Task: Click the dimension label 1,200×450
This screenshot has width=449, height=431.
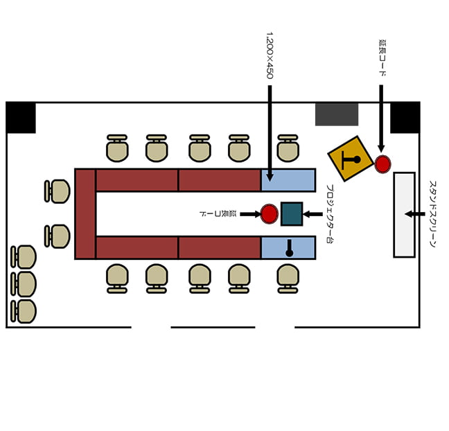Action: coord(270,55)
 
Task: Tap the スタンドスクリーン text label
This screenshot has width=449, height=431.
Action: coord(433,214)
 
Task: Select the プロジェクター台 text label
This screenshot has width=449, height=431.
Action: coord(330,214)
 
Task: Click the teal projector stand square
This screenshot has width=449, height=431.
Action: coord(292,214)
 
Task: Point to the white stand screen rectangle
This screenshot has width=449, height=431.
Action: coord(405,215)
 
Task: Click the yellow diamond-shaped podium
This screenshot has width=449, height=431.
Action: coord(351,159)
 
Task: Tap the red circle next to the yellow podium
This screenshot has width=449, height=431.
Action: coord(383,164)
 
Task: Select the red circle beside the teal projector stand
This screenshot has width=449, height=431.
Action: coord(269,214)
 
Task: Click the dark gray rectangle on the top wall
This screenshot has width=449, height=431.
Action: coord(337,114)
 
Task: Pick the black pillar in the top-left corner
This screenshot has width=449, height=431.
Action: coord(21,117)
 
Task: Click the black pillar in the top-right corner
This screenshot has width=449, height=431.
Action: coord(405,117)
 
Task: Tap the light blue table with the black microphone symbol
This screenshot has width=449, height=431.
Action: coord(288,247)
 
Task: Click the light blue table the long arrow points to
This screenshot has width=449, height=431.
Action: coord(288,180)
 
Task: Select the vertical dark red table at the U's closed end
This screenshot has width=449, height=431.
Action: coord(85,214)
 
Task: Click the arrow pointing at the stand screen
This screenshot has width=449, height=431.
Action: coord(415,214)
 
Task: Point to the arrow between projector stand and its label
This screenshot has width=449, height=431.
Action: coord(312,214)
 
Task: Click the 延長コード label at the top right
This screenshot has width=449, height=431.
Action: coord(382,58)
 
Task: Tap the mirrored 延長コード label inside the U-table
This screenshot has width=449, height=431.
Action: coord(218,213)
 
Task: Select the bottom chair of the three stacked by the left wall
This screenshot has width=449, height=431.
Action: coord(24,311)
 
